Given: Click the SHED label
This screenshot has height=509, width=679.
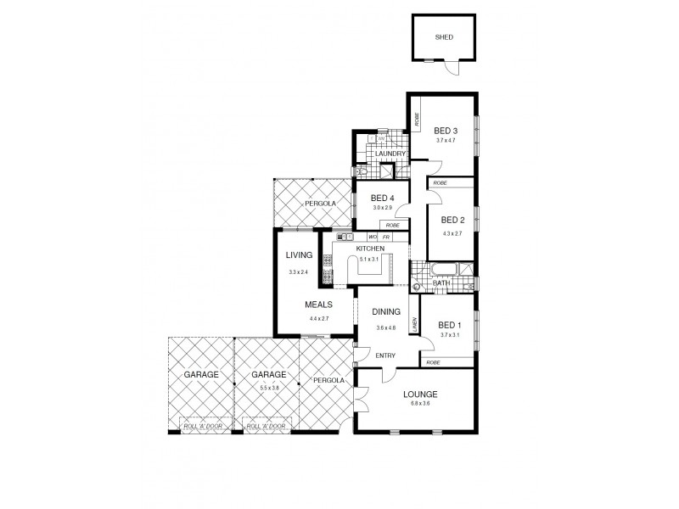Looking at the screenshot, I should coord(444,37).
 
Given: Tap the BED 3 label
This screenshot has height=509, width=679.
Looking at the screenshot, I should coord(446,130).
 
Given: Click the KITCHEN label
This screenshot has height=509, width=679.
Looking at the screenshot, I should coord(371,249).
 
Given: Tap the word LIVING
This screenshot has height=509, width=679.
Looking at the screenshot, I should coord(300,255).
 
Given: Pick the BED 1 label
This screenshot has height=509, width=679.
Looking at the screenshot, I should coord(449,324).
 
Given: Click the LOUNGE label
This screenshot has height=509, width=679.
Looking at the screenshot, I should coord(420,394).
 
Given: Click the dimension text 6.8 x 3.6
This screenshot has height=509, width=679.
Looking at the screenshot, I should coord(420,406).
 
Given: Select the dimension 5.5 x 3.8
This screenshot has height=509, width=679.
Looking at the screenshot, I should coord(268,387).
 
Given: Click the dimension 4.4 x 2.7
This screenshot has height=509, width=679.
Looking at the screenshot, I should coord(319,318).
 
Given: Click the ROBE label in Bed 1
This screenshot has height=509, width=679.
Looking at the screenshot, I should coord(433,362).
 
